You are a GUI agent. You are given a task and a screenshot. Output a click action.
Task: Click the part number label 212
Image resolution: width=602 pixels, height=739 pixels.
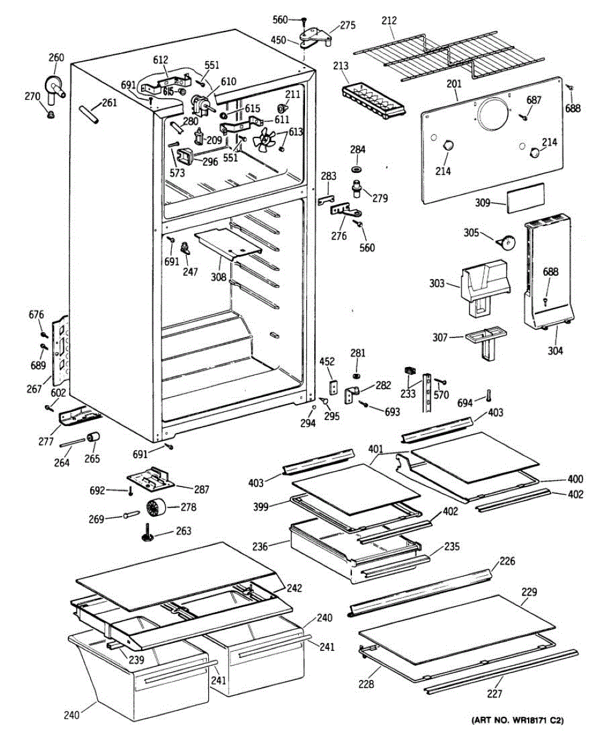pos(389,21)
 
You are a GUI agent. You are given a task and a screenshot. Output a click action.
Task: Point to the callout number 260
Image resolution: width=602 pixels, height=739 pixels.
pos(56,58)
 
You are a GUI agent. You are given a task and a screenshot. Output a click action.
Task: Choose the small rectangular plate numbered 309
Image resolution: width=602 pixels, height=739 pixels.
pos(526,198)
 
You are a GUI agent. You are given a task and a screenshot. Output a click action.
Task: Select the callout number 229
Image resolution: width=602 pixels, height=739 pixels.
pos(529,592)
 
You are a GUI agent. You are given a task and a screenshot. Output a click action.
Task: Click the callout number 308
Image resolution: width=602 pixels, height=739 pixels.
pos(218,277)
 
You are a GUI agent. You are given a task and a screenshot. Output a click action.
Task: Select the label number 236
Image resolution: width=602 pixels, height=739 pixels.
pos(260,547)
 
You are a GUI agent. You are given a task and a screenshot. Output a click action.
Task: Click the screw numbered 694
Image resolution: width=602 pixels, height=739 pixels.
pos(489,395)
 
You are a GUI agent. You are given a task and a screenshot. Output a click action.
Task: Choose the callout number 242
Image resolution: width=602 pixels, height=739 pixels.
pos(294,588)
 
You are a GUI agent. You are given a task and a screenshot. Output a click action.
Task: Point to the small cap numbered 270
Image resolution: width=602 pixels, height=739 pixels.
pos(51,114)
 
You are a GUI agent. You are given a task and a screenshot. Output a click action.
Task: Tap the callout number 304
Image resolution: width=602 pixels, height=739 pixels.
pos(555,351)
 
